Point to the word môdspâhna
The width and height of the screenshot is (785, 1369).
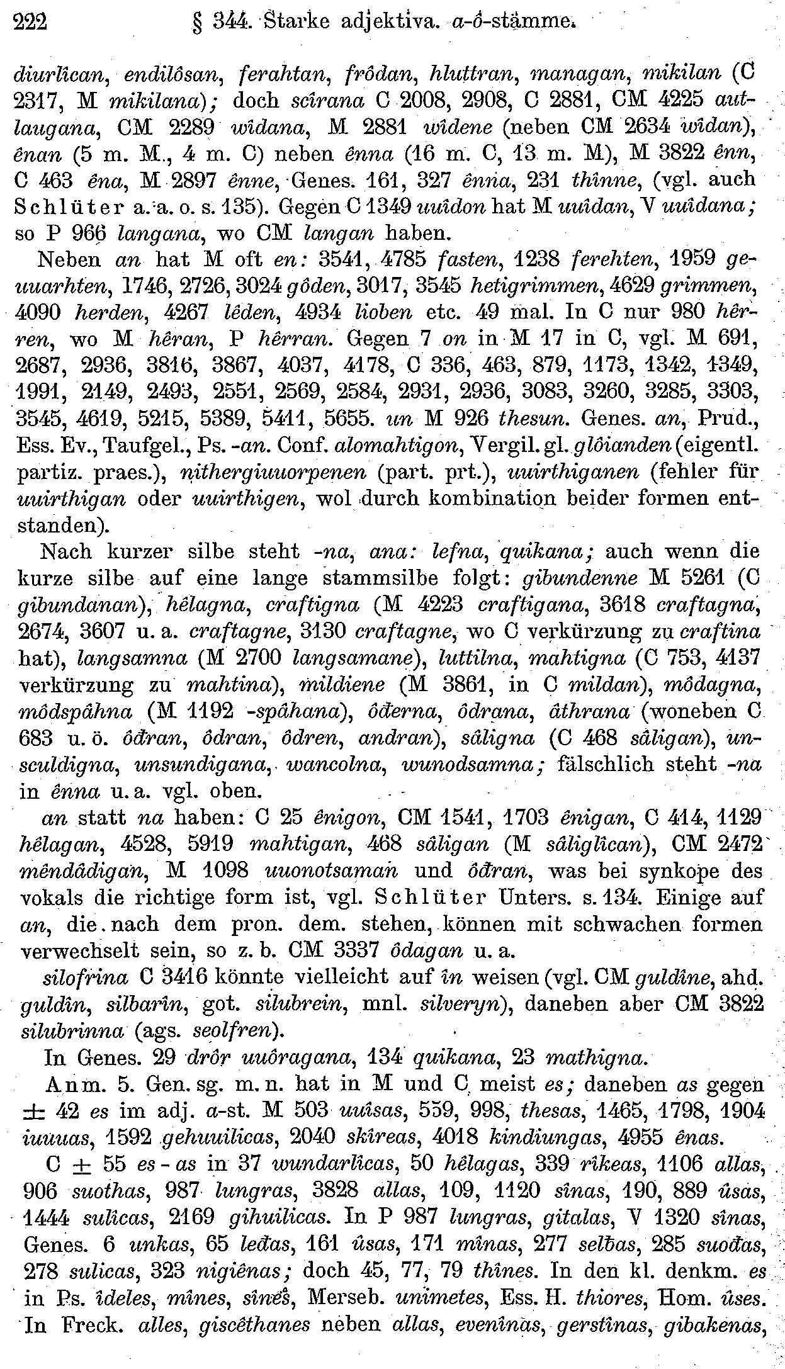point(77,711)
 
